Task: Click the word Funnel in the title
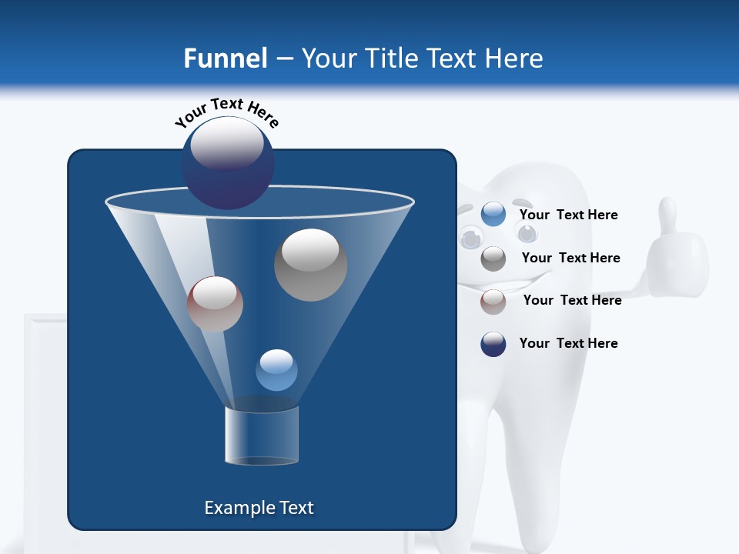pyautogui.click(x=226, y=58)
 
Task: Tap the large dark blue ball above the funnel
pyautogui.click(x=227, y=162)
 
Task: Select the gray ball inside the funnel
pyautogui.click(x=310, y=265)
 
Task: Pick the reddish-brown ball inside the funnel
pyautogui.click(x=215, y=304)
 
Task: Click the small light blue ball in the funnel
pyautogui.click(x=276, y=370)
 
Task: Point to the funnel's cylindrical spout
pyautogui.click(x=261, y=436)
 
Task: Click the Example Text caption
pyautogui.click(x=259, y=508)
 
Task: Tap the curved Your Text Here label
pyautogui.click(x=226, y=112)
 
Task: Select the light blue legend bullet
pyautogui.click(x=493, y=215)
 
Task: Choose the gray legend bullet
pyautogui.click(x=493, y=259)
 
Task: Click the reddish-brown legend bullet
pyautogui.click(x=493, y=302)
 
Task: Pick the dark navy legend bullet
pyautogui.click(x=493, y=344)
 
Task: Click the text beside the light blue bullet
pyautogui.click(x=568, y=215)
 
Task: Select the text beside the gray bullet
pyautogui.click(x=570, y=258)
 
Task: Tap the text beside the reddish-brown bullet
pyautogui.click(x=572, y=300)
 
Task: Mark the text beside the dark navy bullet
pyautogui.click(x=568, y=343)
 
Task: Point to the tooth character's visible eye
pyautogui.click(x=469, y=239)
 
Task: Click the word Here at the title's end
pyautogui.click(x=514, y=58)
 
